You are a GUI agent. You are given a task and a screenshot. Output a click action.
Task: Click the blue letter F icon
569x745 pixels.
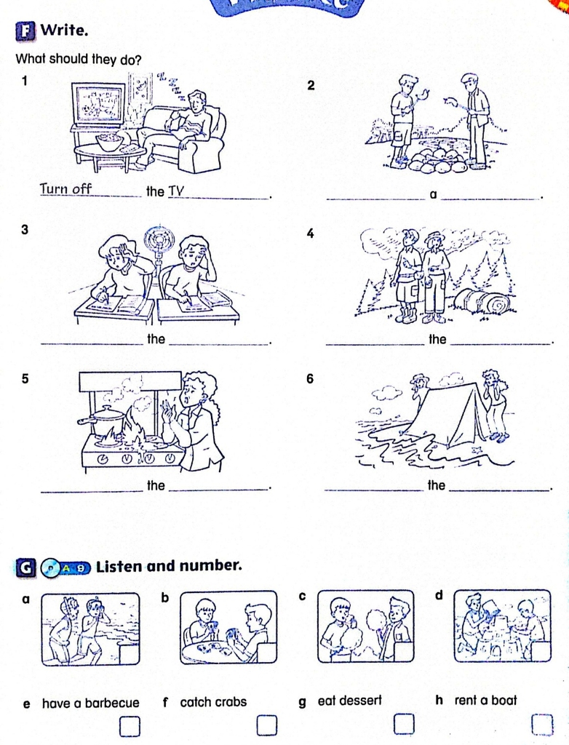25,31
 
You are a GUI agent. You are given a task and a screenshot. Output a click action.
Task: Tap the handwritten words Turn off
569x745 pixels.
65,188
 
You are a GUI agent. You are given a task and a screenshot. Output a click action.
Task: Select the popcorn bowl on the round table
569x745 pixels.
109,142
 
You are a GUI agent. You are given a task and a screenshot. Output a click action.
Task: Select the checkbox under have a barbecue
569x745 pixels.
130,726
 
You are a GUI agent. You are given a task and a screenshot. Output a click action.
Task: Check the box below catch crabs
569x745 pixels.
267,725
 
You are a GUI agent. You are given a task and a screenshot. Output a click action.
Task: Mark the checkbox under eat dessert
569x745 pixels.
404,724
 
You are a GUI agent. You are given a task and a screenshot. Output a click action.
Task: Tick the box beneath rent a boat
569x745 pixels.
542,725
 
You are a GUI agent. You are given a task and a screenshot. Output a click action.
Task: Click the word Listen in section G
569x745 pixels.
119,566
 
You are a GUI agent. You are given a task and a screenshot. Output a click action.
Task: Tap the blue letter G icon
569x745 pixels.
26,568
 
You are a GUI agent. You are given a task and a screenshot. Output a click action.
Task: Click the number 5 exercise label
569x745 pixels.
25,378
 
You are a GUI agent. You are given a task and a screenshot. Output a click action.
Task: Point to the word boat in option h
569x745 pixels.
504,701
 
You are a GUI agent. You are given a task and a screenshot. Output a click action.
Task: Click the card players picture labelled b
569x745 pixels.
228,627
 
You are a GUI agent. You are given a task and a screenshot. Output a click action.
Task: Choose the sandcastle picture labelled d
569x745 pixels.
503,626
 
